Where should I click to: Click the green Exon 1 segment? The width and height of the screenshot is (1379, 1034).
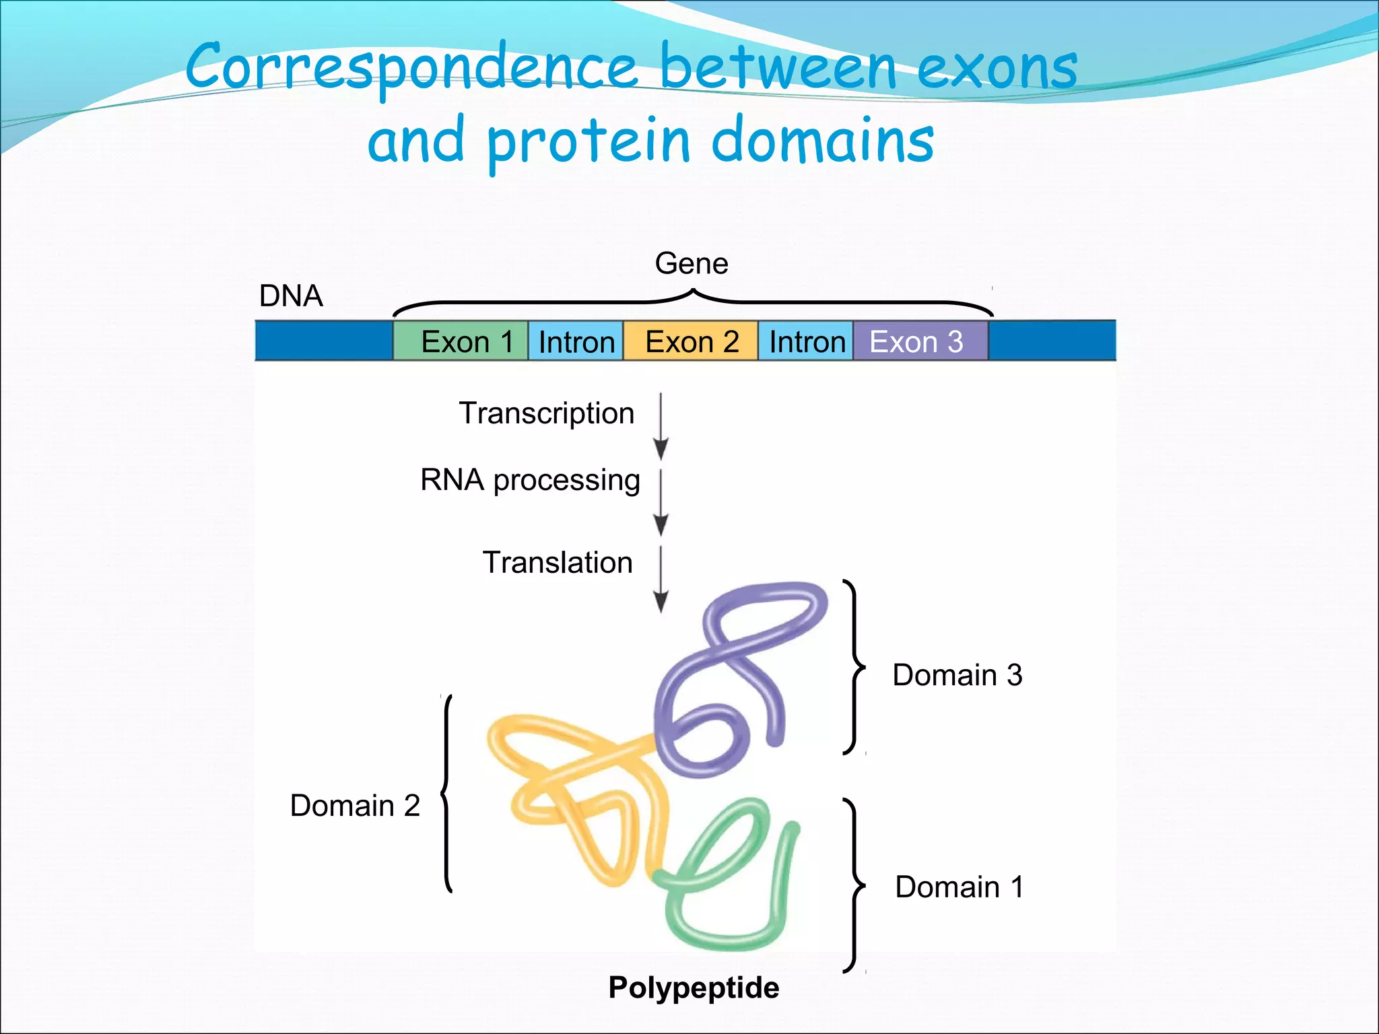click(x=461, y=341)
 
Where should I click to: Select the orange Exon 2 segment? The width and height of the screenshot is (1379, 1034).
click(x=691, y=341)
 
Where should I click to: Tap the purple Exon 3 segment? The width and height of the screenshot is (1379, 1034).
click(x=920, y=341)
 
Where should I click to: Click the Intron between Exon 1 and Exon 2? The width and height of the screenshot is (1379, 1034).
click(x=576, y=341)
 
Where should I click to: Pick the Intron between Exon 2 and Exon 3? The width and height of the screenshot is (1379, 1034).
click(x=806, y=341)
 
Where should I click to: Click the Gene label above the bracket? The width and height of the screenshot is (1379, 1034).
click(x=692, y=263)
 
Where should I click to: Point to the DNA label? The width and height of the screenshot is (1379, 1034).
click(x=291, y=296)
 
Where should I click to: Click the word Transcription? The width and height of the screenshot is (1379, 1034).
click(x=546, y=413)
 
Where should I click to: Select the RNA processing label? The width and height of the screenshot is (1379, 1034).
click(x=530, y=480)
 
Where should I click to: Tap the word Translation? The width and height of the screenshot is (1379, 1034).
click(x=558, y=563)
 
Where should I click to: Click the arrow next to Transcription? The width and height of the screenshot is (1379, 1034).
click(x=661, y=425)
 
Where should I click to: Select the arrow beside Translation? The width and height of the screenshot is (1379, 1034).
click(x=661, y=579)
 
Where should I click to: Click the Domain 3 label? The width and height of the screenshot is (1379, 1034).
click(x=957, y=675)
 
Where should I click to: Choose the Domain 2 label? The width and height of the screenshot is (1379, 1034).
click(x=355, y=806)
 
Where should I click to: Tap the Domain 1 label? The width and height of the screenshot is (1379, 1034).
click(x=959, y=887)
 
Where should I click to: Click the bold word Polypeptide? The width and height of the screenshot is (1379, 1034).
click(x=694, y=988)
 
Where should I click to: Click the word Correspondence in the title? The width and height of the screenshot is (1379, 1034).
click(x=411, y=67)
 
